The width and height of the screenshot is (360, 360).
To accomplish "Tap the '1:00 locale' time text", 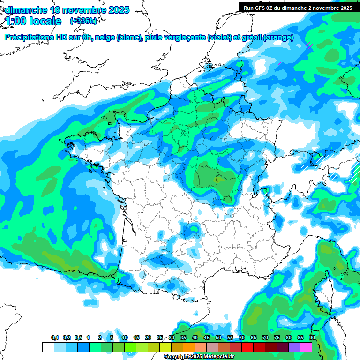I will tap(33, 21).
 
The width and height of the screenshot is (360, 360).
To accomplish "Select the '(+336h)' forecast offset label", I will tap(83, 21).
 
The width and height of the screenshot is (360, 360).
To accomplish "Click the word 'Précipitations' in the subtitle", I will tap(29, 37).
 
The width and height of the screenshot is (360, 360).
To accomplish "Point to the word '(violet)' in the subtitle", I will tap(219, 37).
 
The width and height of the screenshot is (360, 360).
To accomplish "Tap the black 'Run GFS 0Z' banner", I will tap(298, 7).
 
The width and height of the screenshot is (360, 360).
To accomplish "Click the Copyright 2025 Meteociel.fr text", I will tap(199, 357).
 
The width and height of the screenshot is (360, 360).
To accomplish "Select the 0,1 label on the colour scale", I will tap(54, 338).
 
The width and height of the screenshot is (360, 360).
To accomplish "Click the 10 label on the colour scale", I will tap(125, 338).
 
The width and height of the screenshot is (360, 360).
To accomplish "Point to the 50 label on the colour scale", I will tap(218, 338).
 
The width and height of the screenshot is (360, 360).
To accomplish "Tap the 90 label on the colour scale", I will tap(312, 338).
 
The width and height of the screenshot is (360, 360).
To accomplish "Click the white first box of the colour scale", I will tap(48, 347).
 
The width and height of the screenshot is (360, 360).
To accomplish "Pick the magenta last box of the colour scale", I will tap(306, 347).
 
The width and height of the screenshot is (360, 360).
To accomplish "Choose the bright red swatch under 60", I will tap(247, 347).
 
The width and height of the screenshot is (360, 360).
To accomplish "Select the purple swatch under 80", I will tap(294, 347).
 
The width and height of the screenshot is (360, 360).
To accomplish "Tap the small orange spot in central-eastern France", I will tap(216, 179).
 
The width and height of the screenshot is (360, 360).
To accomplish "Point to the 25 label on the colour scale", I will tap(160, 338).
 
